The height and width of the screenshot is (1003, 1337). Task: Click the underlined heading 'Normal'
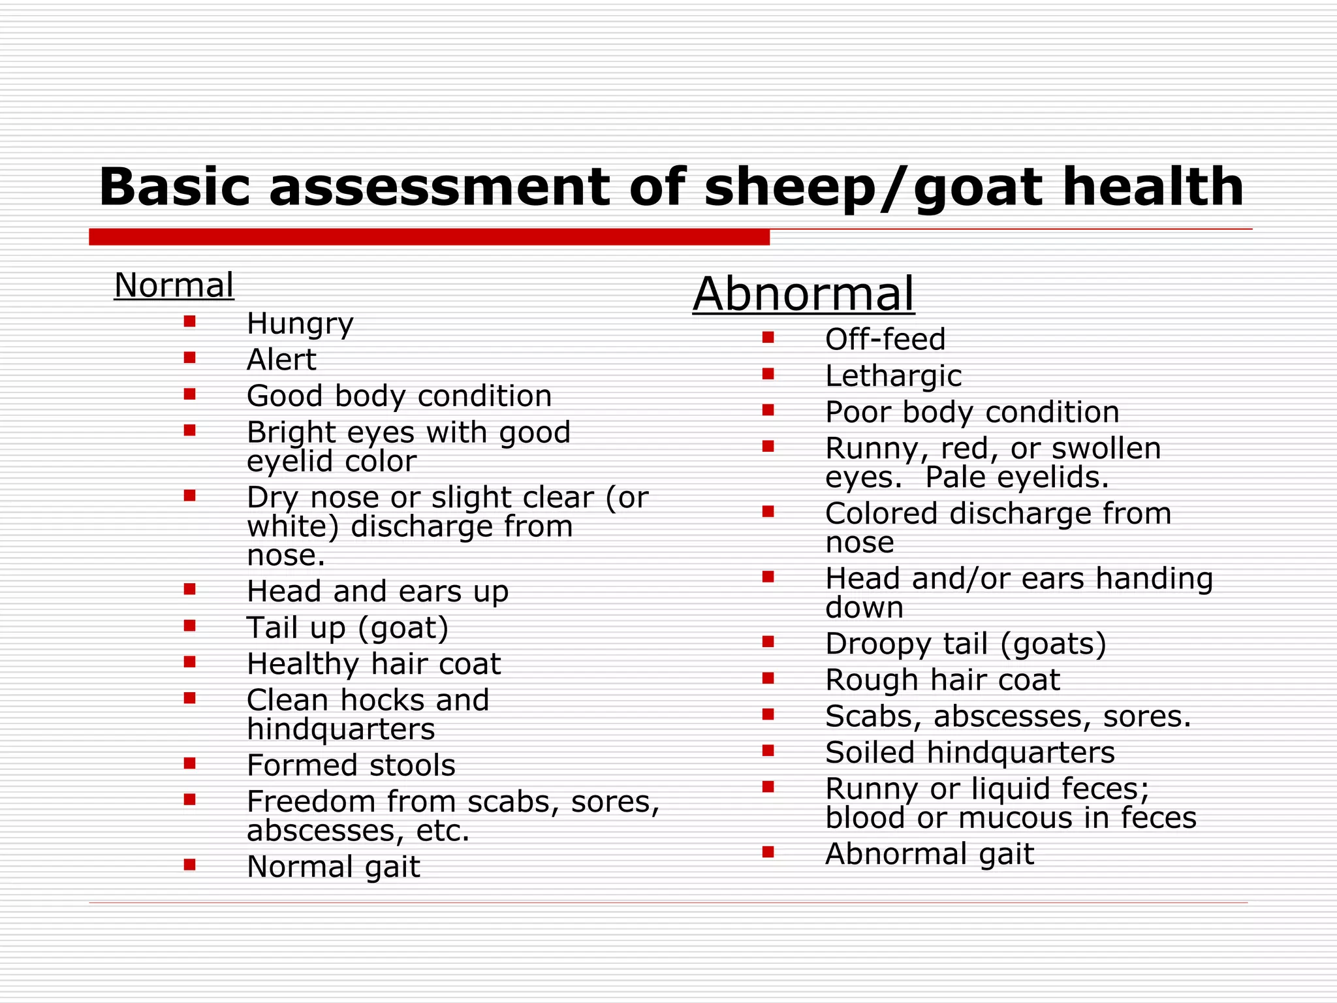tap(174, 285)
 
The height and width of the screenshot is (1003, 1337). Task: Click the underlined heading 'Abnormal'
tap(804, 294)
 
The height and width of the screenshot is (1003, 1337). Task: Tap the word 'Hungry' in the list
tap(300, 324)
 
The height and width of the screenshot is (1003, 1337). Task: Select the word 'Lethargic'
tap(893, 376)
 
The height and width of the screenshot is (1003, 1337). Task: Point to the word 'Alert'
tap(281, 360)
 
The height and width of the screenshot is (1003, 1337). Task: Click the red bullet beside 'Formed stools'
tap(190, 763)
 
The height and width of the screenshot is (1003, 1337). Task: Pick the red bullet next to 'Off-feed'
tap(768, 338)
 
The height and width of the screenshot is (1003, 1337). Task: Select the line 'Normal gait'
tap(333, 867)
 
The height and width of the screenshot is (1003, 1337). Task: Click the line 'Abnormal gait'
tap(930, 854)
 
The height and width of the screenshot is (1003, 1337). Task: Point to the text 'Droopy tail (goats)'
tap(966, 644)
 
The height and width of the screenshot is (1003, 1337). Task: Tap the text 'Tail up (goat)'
tap(348, 628)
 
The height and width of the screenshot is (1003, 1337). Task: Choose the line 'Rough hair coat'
tap(943, 680)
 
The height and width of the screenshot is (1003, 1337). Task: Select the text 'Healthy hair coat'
tap(373, 664)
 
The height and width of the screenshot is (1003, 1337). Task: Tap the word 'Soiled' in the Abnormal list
tap(870, 753)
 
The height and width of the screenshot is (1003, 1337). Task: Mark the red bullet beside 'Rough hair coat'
tap(768, 678)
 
